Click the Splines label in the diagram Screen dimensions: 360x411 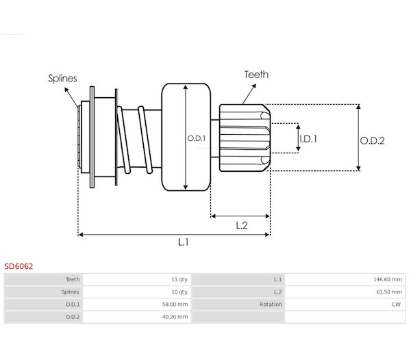pos(62,77)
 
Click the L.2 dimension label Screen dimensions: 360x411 pos(241,225)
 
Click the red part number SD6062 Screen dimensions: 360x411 pos(18,266)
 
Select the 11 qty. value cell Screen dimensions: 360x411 pos(180,279)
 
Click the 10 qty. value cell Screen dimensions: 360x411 pos(180,292)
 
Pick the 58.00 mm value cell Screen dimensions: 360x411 pos(177,304)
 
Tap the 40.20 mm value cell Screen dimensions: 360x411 pos(177,316)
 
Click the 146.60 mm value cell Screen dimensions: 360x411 pos(387,279)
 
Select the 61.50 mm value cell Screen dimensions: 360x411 pos(388,292)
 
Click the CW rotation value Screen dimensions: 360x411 pos(396,304)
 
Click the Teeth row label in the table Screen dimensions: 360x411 pos(72,279)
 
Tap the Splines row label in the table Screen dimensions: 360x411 pos(70,292)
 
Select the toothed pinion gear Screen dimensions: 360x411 pos(245,137)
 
